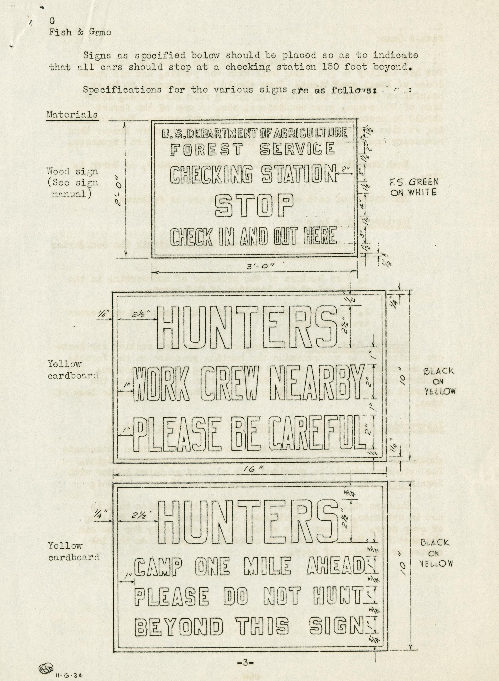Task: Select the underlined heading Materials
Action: pyautogui.click(x=72, y=115)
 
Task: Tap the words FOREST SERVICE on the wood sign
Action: pyautogui.click(x=253, y=149)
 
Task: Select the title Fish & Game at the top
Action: pyautogui.click(x=80, y=32)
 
